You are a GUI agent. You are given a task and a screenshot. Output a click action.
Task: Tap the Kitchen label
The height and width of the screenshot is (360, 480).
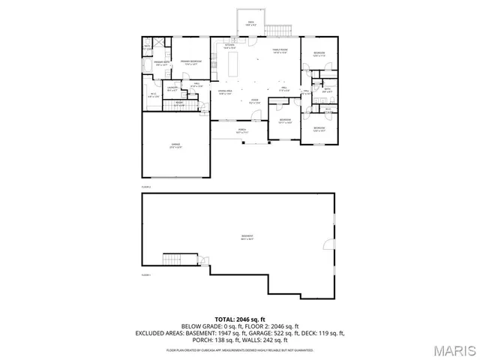[230, 46]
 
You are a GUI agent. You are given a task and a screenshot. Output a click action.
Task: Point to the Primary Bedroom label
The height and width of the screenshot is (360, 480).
[190, 63]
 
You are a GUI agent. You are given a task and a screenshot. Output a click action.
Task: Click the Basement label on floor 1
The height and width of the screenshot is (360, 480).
[247, 238]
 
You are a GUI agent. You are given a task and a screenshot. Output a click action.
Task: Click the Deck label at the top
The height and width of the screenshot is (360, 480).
[251, 23]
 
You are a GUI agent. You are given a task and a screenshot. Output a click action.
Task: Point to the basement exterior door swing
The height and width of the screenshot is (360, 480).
[326, 244]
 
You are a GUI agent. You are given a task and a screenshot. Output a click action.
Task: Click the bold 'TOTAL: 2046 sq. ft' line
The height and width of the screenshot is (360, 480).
[239, 319]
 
